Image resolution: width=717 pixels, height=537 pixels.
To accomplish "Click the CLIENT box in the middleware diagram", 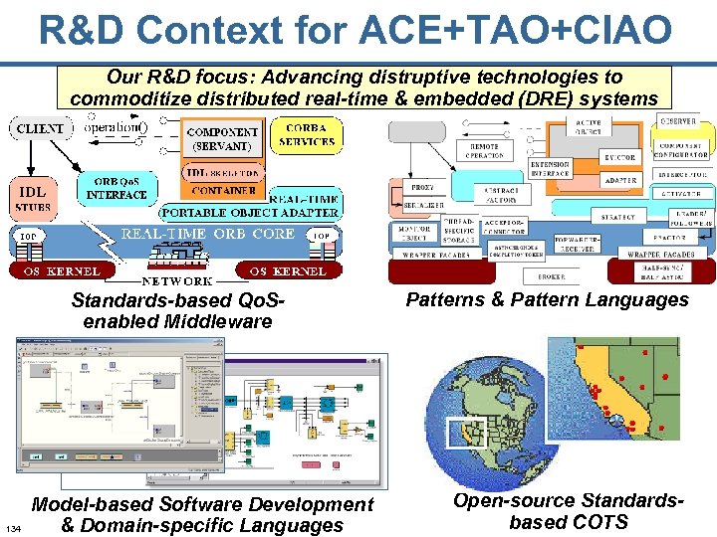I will click(41, 128).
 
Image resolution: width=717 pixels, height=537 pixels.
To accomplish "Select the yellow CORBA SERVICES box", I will click(307, 134).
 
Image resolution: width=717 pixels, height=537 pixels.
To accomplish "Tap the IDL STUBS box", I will click(33, 196).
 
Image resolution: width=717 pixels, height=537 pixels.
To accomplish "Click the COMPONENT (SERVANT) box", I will click(223, 138).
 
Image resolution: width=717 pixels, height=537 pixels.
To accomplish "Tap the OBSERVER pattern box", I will click(680, 123).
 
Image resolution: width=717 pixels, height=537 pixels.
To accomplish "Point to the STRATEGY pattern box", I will click(618, 216).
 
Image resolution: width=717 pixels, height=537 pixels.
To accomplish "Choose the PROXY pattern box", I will click(422, 187).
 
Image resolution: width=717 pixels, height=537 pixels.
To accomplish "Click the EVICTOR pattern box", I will click(619, 157).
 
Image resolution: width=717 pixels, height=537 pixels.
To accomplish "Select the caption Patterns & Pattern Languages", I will click(547, 299).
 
